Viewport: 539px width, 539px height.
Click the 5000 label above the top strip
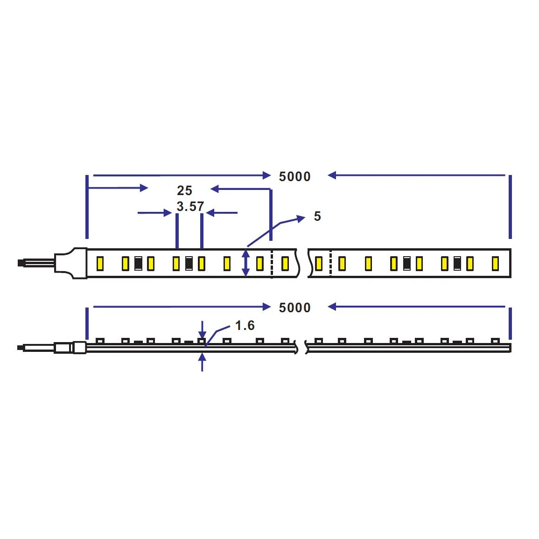point(294,176)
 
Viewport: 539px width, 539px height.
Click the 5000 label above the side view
point(294,308)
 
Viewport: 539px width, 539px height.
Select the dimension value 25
point(184,190)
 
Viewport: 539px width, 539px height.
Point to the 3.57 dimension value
point(190,206)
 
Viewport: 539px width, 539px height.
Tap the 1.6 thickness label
point(245,325)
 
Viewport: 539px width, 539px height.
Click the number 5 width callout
point(317,216)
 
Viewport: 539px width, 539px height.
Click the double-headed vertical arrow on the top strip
point(246,263)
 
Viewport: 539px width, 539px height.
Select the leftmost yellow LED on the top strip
point(99,264)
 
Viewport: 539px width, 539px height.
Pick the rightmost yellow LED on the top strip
point(495,264)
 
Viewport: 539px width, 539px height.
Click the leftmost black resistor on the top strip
point(138,264)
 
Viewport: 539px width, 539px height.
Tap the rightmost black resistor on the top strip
point(457,264)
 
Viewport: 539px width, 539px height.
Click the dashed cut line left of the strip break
point(272,264)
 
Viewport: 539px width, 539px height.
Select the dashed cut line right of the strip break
point(330,264)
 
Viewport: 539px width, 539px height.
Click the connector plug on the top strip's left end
point(70,263)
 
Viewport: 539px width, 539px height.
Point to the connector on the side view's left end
point(70,348)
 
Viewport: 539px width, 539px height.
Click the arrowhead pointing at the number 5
point(301,218)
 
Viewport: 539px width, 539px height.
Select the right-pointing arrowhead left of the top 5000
point(266,175)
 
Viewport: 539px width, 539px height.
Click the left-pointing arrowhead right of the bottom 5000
point(332,307)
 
